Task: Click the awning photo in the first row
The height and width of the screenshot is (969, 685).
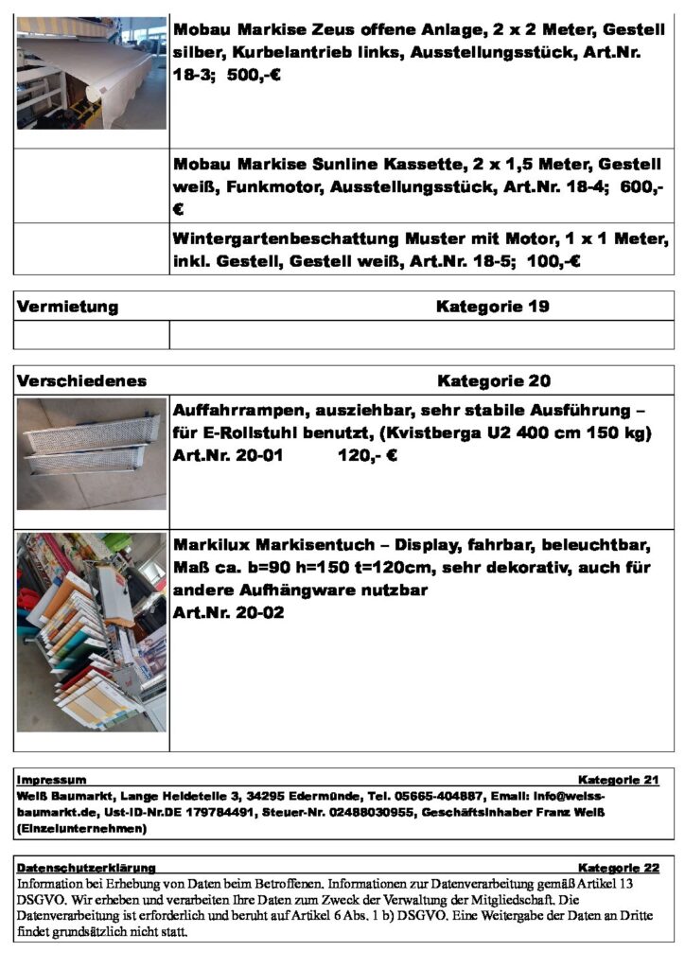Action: point(92,72)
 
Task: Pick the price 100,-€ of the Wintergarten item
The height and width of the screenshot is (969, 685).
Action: point(552,260)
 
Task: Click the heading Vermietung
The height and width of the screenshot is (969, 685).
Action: point(67,307)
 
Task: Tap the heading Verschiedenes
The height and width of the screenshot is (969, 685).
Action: point(81,381)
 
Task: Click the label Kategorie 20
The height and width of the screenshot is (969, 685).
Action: point(493,381)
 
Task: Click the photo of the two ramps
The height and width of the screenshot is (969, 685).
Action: point(92,453)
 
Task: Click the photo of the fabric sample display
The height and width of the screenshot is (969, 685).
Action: point(92,631)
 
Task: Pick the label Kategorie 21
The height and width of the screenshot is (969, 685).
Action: point(618,780)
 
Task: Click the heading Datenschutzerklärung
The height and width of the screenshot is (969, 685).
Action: point(86,867)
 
